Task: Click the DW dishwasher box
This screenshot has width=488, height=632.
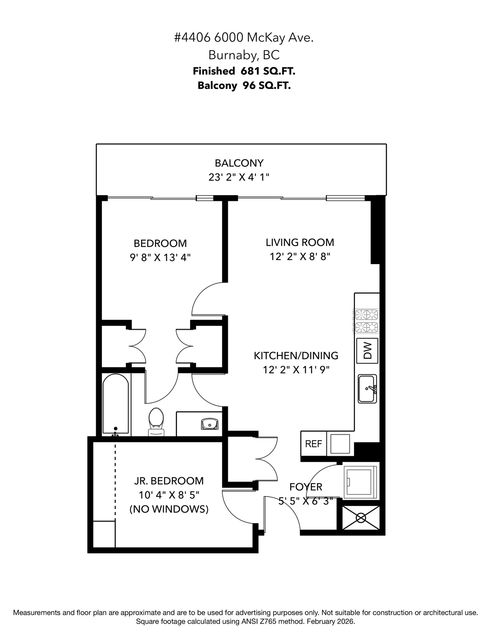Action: coord(367,351)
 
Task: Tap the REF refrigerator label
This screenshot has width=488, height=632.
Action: coord(313,444)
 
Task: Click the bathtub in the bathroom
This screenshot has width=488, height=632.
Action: coord(116,405)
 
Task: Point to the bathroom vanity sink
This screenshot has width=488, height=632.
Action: coord(210,424)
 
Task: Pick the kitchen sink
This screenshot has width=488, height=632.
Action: coord(367,389)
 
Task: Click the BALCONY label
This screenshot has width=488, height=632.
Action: coord(239,163)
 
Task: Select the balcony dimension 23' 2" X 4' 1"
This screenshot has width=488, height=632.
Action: coord(239,177)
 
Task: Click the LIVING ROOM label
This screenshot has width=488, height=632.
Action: coord(300,242)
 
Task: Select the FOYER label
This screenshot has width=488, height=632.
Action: coord(306,487)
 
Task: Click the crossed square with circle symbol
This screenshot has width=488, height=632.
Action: coord(361,518)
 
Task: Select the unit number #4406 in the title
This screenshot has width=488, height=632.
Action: coord(192,38)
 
